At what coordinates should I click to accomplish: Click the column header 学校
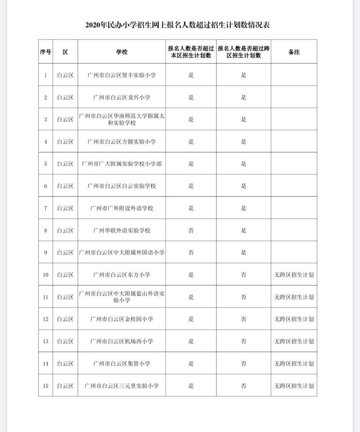coord(122,52)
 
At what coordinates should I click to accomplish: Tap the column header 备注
coord(293,52)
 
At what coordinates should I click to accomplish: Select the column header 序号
coord(45,52)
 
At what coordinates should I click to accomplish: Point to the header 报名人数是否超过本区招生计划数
coord(191,52)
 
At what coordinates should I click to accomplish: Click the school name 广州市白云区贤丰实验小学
coord(122,75)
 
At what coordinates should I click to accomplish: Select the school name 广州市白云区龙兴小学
coord(122,98)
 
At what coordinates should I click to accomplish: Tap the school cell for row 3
coord(122,120)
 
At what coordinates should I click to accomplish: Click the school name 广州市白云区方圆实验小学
coord(122,142)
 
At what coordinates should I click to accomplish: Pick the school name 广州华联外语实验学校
coord(122,231)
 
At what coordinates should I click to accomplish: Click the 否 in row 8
coord(191,231)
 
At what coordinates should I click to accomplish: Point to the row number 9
coord(45,253)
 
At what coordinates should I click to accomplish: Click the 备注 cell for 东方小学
coord(293,275)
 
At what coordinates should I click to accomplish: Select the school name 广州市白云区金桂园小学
coord(122,319)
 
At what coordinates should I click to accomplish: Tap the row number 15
coord(45,386)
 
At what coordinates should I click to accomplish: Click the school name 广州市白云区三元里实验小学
coord(122,386)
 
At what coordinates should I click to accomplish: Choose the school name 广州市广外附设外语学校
coord(122,208)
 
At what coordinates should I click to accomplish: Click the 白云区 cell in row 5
coord(65,164)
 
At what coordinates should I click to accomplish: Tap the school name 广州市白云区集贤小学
coord(122,363)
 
